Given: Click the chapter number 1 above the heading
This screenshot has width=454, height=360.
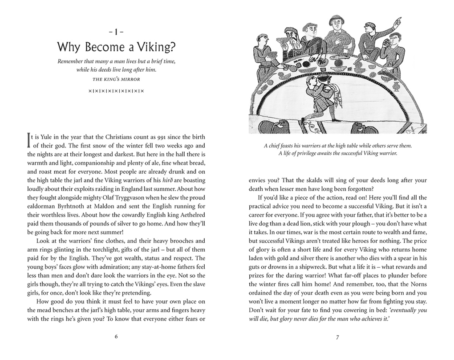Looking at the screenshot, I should (x=116, y=32).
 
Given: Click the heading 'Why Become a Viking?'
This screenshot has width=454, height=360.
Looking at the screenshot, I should (x=116, y=47).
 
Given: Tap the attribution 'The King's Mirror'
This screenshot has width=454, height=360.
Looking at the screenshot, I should (x=116, y=80).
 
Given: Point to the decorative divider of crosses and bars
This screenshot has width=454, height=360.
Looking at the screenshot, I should (x=116, y=91).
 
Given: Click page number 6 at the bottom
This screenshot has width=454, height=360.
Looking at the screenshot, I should (x=116, y=336).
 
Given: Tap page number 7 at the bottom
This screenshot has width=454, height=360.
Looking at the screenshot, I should (x=338, y=336).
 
